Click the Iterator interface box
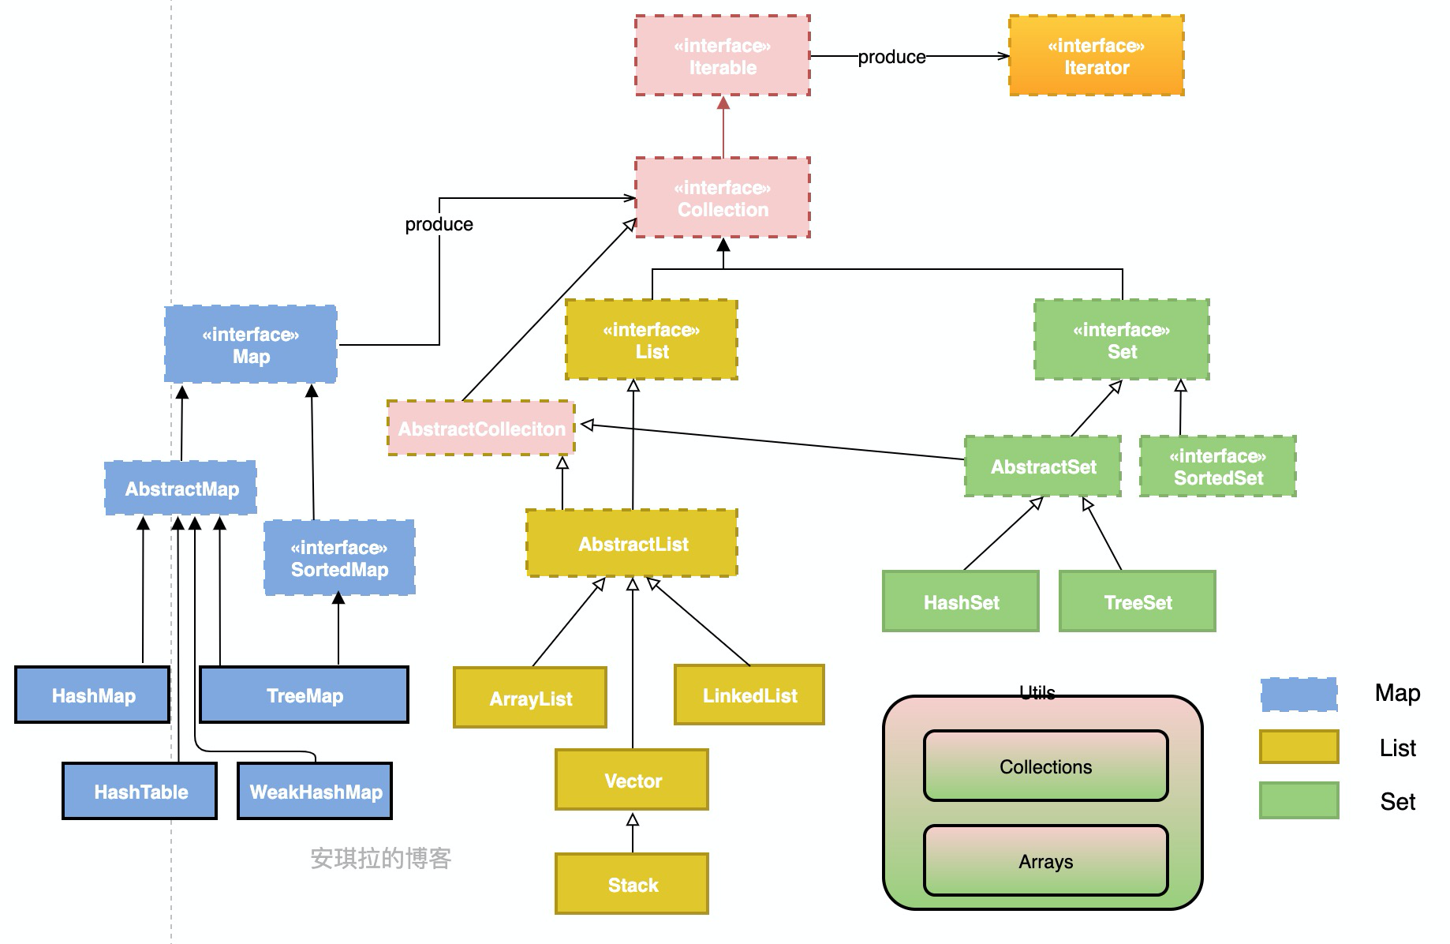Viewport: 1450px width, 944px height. pyautogui.click(x=1096, y=56)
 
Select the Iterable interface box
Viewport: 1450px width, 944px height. pyautogui.click(x=722, y=56)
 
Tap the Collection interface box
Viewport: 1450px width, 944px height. pyautogui.click(x=722, y=198)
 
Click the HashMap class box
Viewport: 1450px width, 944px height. pyautogui.click(x=92, y=695)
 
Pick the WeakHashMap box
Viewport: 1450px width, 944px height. pyautogui.click(x=315, y=791)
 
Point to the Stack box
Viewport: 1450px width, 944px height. pyautogui.click(x=631, y=884)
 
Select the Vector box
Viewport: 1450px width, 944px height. pyautogui.click(x=631, y=780)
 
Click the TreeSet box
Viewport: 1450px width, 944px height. pyautogui.click(x=1137, y=601)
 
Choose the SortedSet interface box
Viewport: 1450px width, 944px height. pyautogui.click(x=1217, y=466)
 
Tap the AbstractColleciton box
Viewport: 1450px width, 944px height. pyautogui.click(x=480, y=429)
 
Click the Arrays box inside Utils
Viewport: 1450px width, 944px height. pyautogui.click(x=1045, y=860)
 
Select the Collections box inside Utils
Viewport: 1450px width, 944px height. pyautogui.click(x=1045, y=766)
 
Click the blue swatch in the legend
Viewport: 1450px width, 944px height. pyautogui.click(x=1299, y=694)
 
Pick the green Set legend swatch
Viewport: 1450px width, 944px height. pyautogui.click(x=1299, y=800)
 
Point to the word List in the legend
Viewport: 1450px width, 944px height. pyautogui.click(x=1397, y=747)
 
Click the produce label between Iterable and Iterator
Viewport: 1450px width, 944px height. pyautogui.click(x=891, y=57)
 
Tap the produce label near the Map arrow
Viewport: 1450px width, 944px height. pyautogui.click(x=439, y=224)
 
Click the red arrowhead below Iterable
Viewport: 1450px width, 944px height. pyautogui.click(x=723, y=103)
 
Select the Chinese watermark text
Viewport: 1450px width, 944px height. pyautogui.click(x=380, y=858)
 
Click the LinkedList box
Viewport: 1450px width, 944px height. pyautogui.click(x=749, y=695)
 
